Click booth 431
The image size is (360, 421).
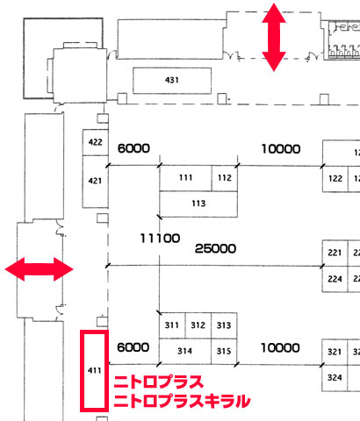click(172, 81)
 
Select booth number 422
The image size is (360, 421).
click(96, 142)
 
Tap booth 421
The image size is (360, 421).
click(96, 182)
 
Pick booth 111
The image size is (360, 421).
click(185, 178)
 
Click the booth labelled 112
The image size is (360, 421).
click(225, 178)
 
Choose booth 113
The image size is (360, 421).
click(198, 204)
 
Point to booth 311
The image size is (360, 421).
click(172, 325)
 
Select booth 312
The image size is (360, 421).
click(198, 325)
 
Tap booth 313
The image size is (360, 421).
click(224, 325)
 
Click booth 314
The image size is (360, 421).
click(185, 352)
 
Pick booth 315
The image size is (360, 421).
click(224, 352)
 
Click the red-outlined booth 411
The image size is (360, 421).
click(95, 371)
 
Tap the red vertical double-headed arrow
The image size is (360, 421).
click(274, 37)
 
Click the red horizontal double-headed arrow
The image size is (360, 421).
click(40, 269)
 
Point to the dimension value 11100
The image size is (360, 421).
click(160, 239)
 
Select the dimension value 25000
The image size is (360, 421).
click(215, 249)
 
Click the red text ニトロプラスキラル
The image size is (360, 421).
click(182, 401)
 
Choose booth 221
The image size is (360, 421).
click(335, 253)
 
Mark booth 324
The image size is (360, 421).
click(335, 378)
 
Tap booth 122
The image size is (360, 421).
click(335, 179)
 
